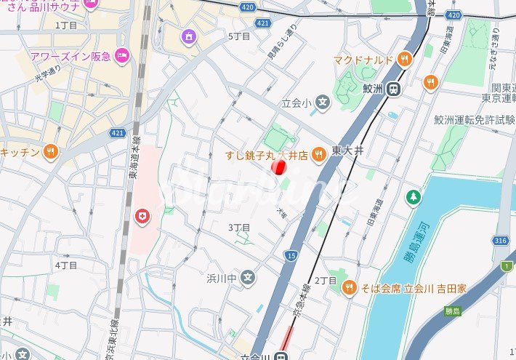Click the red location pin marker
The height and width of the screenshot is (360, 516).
point(278,167)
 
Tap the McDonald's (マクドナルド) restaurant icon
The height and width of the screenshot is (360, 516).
point(404,59)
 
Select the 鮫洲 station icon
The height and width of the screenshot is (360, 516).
point(393,89)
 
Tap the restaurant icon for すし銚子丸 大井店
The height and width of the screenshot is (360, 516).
point(318,154)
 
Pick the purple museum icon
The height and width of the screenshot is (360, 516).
point(189,36)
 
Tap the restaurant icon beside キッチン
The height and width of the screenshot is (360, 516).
point(50,152)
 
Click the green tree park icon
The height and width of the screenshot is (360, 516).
point(414,196)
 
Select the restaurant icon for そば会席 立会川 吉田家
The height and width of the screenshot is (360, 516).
point(350,288)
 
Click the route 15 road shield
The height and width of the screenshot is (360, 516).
point(291,255)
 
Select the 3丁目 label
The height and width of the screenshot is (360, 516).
point(239,228)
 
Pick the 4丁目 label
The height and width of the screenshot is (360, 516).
point(66,265)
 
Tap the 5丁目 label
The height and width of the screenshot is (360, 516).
point(239,36)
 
